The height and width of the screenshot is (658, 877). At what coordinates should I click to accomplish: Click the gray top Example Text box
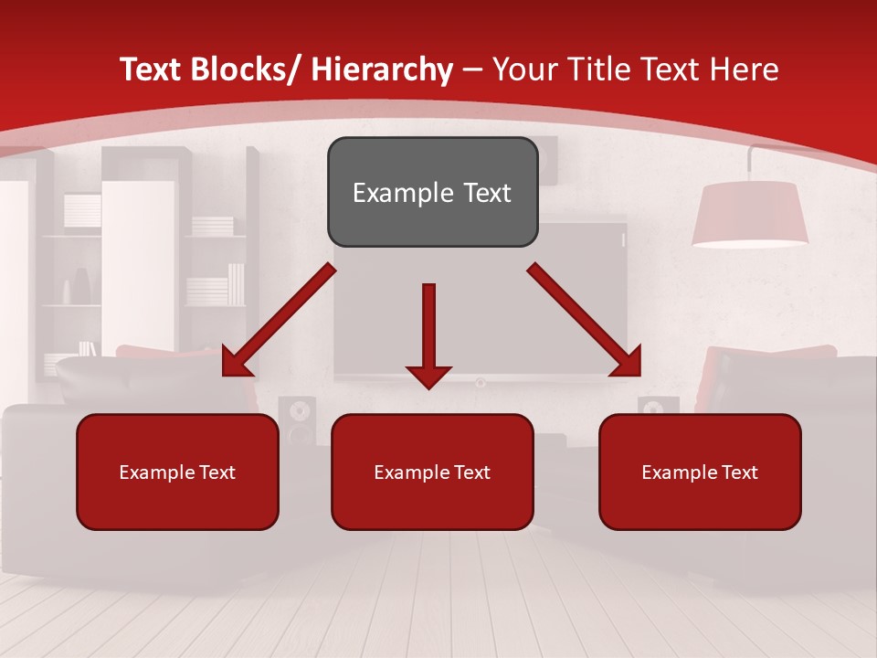432,192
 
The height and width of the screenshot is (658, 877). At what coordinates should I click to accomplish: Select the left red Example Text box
177,472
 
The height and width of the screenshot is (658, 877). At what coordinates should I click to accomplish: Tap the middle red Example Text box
432,472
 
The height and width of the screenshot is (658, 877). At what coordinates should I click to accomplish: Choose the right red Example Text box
700,472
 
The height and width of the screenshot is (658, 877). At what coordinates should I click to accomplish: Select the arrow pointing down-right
585,320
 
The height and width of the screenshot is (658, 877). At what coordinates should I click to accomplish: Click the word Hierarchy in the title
382,69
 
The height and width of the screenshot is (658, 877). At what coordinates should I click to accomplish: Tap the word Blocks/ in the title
241,69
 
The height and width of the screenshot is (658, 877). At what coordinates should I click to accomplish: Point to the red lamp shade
749,214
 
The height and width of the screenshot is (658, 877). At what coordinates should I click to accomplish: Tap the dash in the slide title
472,69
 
